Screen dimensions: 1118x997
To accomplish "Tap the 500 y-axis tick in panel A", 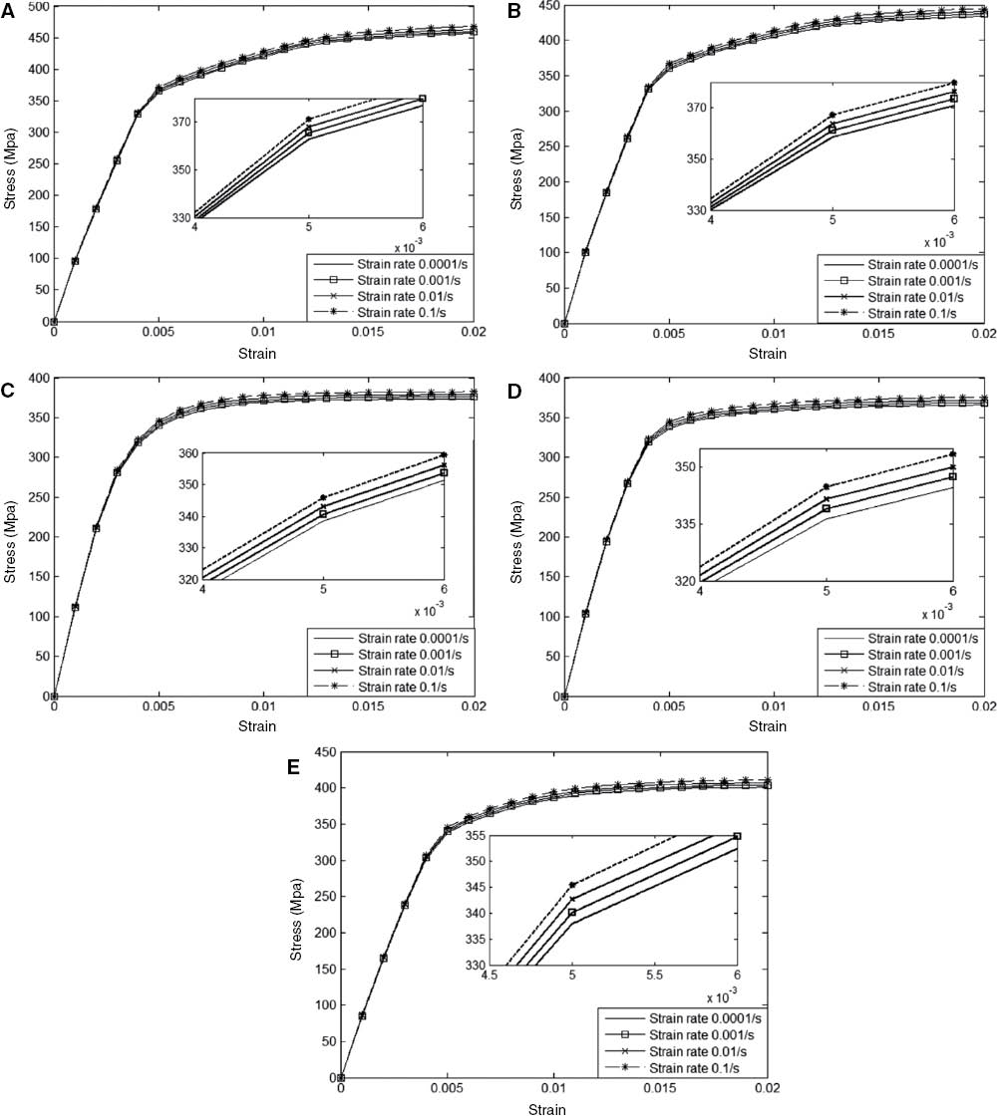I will [36, 7].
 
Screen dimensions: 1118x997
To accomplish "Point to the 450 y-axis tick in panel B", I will [547, 7].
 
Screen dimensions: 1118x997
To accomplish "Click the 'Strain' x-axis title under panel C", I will [264, 724].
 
